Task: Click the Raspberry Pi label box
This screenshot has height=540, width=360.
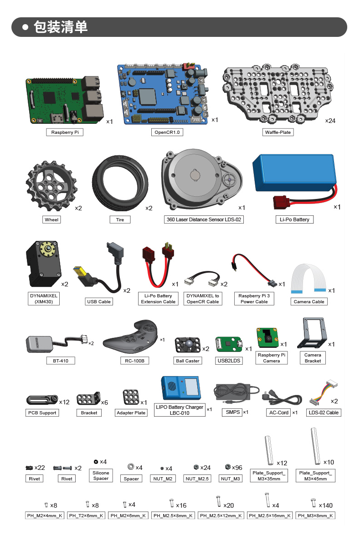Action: tap(64, 132)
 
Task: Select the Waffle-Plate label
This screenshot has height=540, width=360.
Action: tap(278, 132)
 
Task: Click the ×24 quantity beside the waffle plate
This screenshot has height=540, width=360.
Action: tap(330, 121)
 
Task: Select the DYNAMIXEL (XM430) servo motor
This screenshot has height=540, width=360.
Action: tap(42, 264)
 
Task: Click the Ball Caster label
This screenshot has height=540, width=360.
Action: tap(187, 361)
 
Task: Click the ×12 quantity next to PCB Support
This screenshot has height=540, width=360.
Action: tap(64, 402)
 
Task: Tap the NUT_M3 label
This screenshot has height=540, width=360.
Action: tap(231, 479)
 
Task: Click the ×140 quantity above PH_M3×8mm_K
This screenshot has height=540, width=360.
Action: tap(326, 505)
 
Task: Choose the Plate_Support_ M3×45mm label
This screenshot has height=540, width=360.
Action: tap(315, 476)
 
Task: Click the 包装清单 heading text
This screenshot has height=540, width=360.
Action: tap(61, 27)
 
